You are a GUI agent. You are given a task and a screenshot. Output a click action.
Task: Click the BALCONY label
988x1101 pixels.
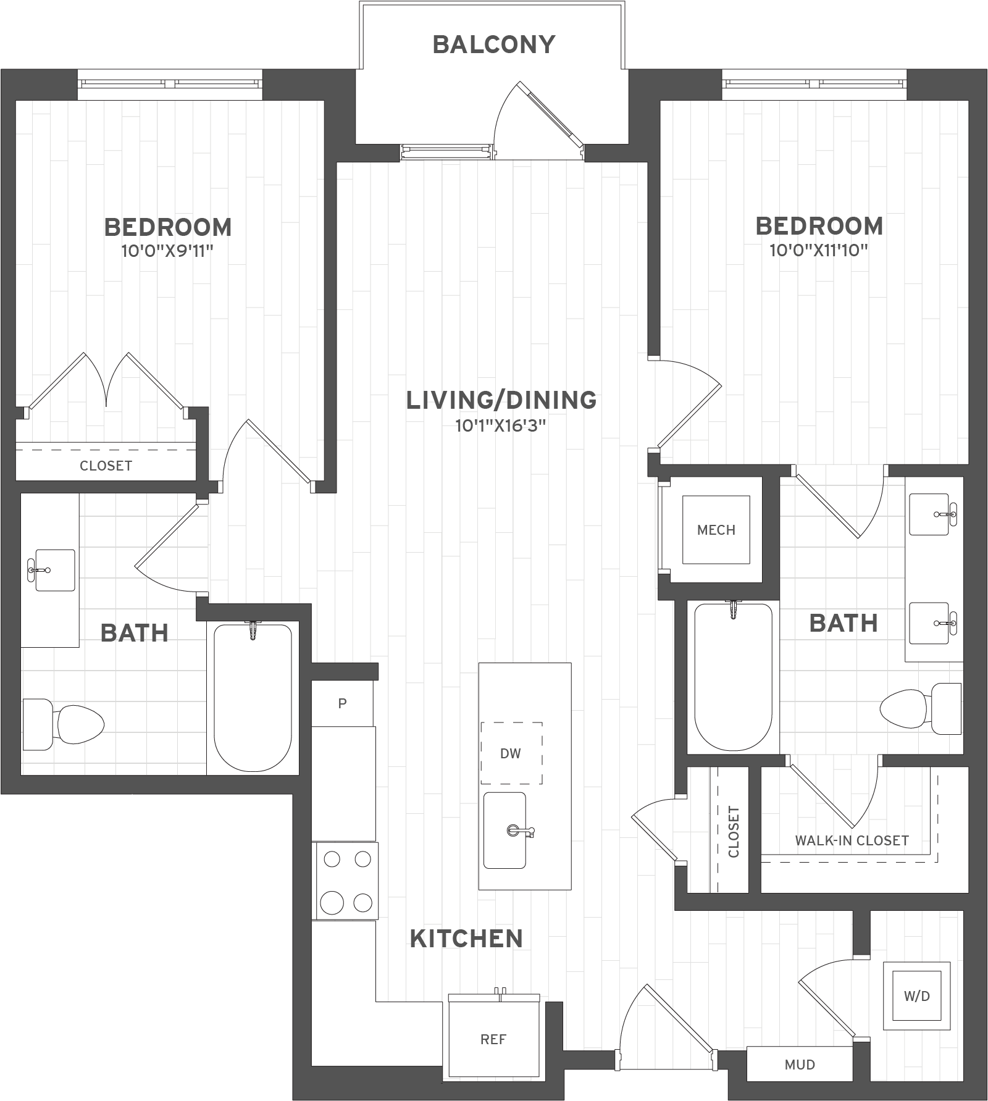494,44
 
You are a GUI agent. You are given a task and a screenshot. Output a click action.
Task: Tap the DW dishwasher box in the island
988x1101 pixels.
511,753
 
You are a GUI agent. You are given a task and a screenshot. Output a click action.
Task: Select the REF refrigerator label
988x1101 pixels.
493,1039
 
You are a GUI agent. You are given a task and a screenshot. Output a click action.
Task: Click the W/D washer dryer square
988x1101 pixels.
916,996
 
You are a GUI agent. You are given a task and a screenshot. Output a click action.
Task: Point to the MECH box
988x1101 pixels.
716,529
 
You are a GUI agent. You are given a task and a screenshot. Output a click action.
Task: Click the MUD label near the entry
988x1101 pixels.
800,1065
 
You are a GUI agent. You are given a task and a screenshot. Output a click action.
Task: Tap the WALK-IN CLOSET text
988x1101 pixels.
852,840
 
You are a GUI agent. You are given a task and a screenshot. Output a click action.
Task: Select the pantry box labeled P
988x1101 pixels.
342,703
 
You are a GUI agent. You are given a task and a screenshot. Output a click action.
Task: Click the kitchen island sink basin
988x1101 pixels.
504,830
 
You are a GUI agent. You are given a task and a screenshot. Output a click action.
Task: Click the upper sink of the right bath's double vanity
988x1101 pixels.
929,514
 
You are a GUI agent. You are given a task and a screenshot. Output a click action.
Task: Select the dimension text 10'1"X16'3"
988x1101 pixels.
501,425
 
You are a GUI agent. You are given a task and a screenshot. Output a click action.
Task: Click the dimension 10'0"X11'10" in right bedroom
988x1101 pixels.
819,250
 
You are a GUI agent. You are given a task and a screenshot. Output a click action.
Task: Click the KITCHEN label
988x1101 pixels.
466,938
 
